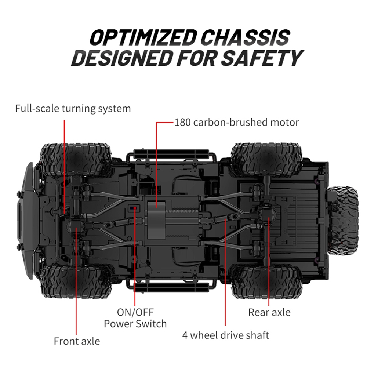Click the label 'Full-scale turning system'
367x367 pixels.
click(x=73, y=109)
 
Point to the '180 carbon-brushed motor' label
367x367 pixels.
click(x=236, y=122)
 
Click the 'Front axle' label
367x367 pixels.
click(x=77, y=341)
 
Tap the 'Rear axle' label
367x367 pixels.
click(x=269, y=312)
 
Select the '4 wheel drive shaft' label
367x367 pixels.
click(x=226, y=335)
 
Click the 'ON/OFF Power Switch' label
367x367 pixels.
click(x=135, y=318)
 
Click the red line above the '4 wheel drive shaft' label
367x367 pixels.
click(x=225, y=275)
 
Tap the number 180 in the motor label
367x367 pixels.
click(x=182, y=122)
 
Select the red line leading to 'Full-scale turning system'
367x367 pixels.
click(x=65, y=165)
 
